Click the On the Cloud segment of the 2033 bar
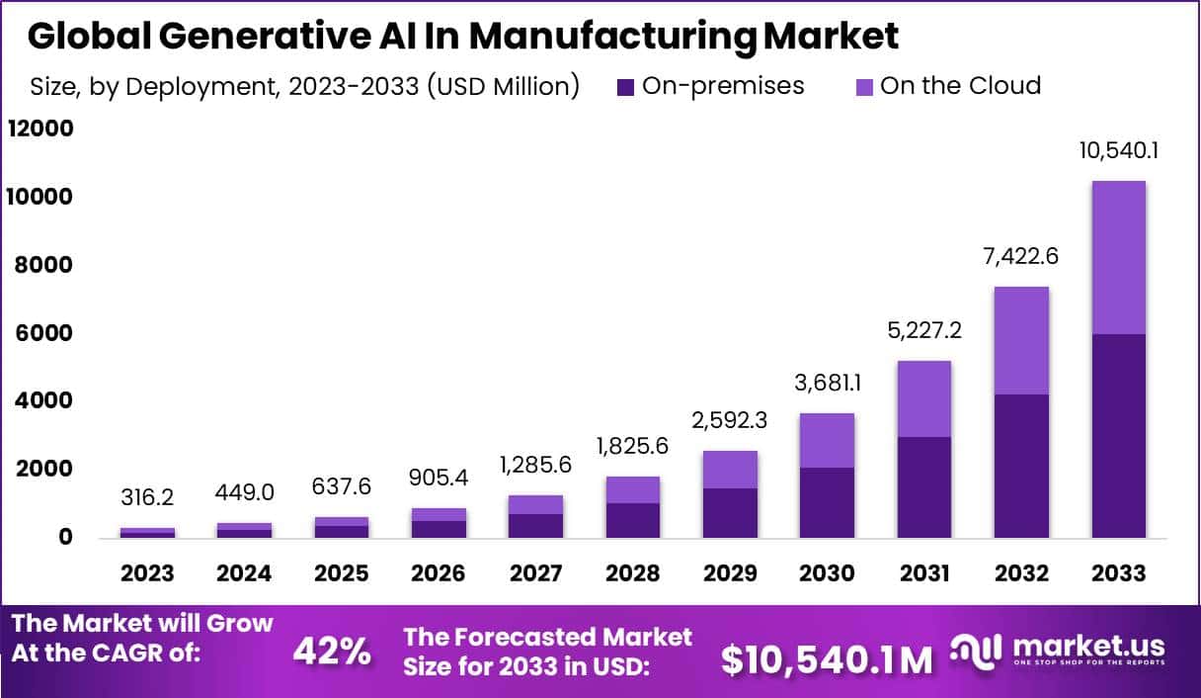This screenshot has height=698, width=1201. tap(1118, 257)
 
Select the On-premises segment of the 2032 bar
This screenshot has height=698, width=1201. tap(1021, 465)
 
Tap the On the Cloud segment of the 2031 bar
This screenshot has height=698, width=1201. tap(924, 398)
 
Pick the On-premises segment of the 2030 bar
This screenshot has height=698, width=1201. tap(827, 501)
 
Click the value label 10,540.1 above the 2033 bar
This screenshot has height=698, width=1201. tap(1118, 152)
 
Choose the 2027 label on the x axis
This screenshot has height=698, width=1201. tap(535, 573)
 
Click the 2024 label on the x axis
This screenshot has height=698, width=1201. tap(245, 573)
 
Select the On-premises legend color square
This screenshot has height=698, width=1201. tap(625, 87)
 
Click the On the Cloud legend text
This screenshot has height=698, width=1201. tap(960, 86)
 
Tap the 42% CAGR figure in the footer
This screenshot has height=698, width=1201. tap(332, 652)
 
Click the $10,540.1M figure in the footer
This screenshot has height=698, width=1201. tap(826, 659)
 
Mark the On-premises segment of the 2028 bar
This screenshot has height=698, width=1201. tap(632, 520)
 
